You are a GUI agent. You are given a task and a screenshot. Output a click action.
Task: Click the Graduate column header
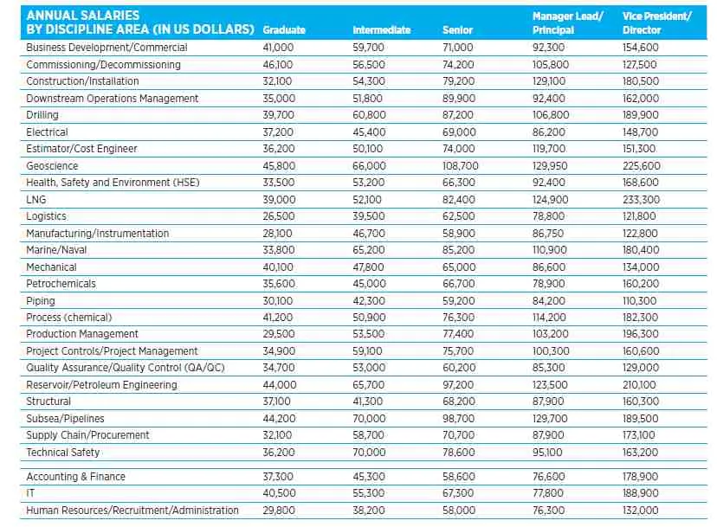284,30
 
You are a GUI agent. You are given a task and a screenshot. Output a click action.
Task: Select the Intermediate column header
381,30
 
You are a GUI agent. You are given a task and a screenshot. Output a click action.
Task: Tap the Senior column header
457,30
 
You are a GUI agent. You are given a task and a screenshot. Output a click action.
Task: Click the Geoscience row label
52,165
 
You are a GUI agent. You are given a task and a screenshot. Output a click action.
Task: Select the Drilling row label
42,115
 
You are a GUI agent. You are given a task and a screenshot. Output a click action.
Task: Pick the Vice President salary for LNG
641,199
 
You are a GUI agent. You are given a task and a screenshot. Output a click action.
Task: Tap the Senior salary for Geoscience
460,165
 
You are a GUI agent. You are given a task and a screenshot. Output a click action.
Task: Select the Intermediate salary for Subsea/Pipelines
370,419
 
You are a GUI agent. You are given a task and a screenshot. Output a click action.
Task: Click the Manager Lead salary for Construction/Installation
549,81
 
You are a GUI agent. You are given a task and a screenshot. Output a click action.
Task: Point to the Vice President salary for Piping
640,300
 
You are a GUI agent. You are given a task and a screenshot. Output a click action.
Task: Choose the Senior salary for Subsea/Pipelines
458,419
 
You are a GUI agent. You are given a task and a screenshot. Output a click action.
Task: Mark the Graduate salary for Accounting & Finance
278,477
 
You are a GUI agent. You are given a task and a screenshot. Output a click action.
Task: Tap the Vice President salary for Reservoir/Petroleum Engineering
640,385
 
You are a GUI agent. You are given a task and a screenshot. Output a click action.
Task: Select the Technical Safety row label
63,453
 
